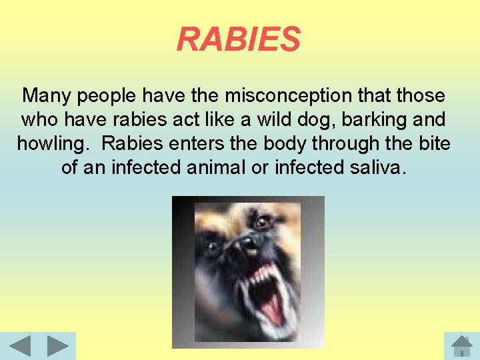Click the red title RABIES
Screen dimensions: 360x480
pyautogui.click(x=239, y=39)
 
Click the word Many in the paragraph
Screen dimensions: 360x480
pyautogui.click(x=47, y=96)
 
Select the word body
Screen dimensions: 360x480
pyautogui.click(x=288, y=144)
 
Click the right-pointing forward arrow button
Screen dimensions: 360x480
pyautogui.click(x=58, y=347)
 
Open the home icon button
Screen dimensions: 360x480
pyautogui.click(x=461, y=347)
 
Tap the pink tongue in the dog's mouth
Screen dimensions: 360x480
pyautogui.click(x=271, y=307)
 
